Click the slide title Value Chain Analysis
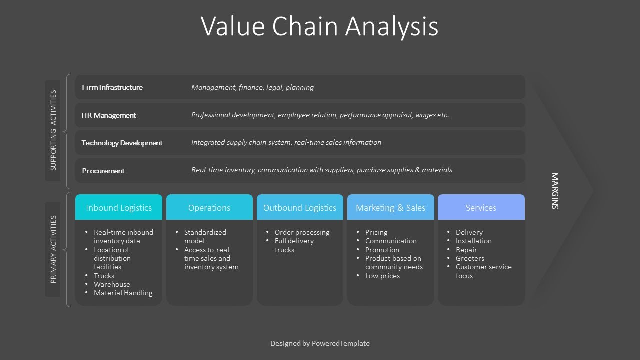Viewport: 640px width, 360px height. click(x=320, y=26)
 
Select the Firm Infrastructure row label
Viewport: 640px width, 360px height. click(x=112, y=87)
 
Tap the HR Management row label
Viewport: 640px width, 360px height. click(x=109, y=115)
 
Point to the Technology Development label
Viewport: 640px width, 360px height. click(x=122, y=143)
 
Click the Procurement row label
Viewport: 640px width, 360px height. click(x=103, y=171)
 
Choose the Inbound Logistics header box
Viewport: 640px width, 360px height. click(x=119, y=208)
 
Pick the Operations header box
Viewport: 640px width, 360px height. click(x=209, y=208)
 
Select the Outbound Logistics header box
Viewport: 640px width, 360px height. click(x=300, y=208)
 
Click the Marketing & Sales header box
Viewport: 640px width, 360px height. click(x=390, y=208)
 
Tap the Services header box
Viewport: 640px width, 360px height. click(x=481, y=208)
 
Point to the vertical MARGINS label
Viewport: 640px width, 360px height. click(x=555, y=191)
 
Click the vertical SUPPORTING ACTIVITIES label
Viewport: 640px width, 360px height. click(x=53, y=130)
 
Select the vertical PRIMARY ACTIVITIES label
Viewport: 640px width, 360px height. click(x=53, y=249)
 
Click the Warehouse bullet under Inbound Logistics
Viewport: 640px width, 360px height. click(x=112, y=284)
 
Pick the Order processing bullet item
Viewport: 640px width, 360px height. click(x=302, y=232)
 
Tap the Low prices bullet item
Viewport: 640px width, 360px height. click(x=382, y=276)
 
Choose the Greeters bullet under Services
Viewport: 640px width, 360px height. click(x=470, y=258)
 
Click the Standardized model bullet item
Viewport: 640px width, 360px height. click(x=205, y=236)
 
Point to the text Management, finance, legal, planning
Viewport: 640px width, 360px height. click(x=252, y=87)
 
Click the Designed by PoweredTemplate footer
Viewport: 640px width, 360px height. click(x=320, y=343)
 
